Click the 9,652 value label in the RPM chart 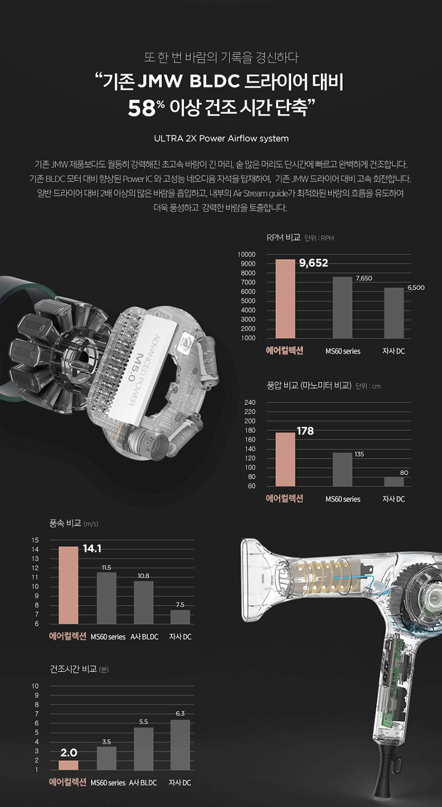313,264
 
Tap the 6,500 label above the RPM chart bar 415,287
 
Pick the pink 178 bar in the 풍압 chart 285,459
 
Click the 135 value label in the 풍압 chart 358,455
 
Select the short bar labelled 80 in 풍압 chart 394,481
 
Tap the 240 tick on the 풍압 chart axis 250,403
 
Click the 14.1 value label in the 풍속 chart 92,549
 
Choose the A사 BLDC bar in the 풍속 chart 143,602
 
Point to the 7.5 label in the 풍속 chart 180,605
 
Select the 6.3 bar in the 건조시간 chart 180,744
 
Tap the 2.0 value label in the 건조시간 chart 69,753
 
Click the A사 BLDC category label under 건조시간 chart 143,783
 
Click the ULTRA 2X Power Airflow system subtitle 221,138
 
